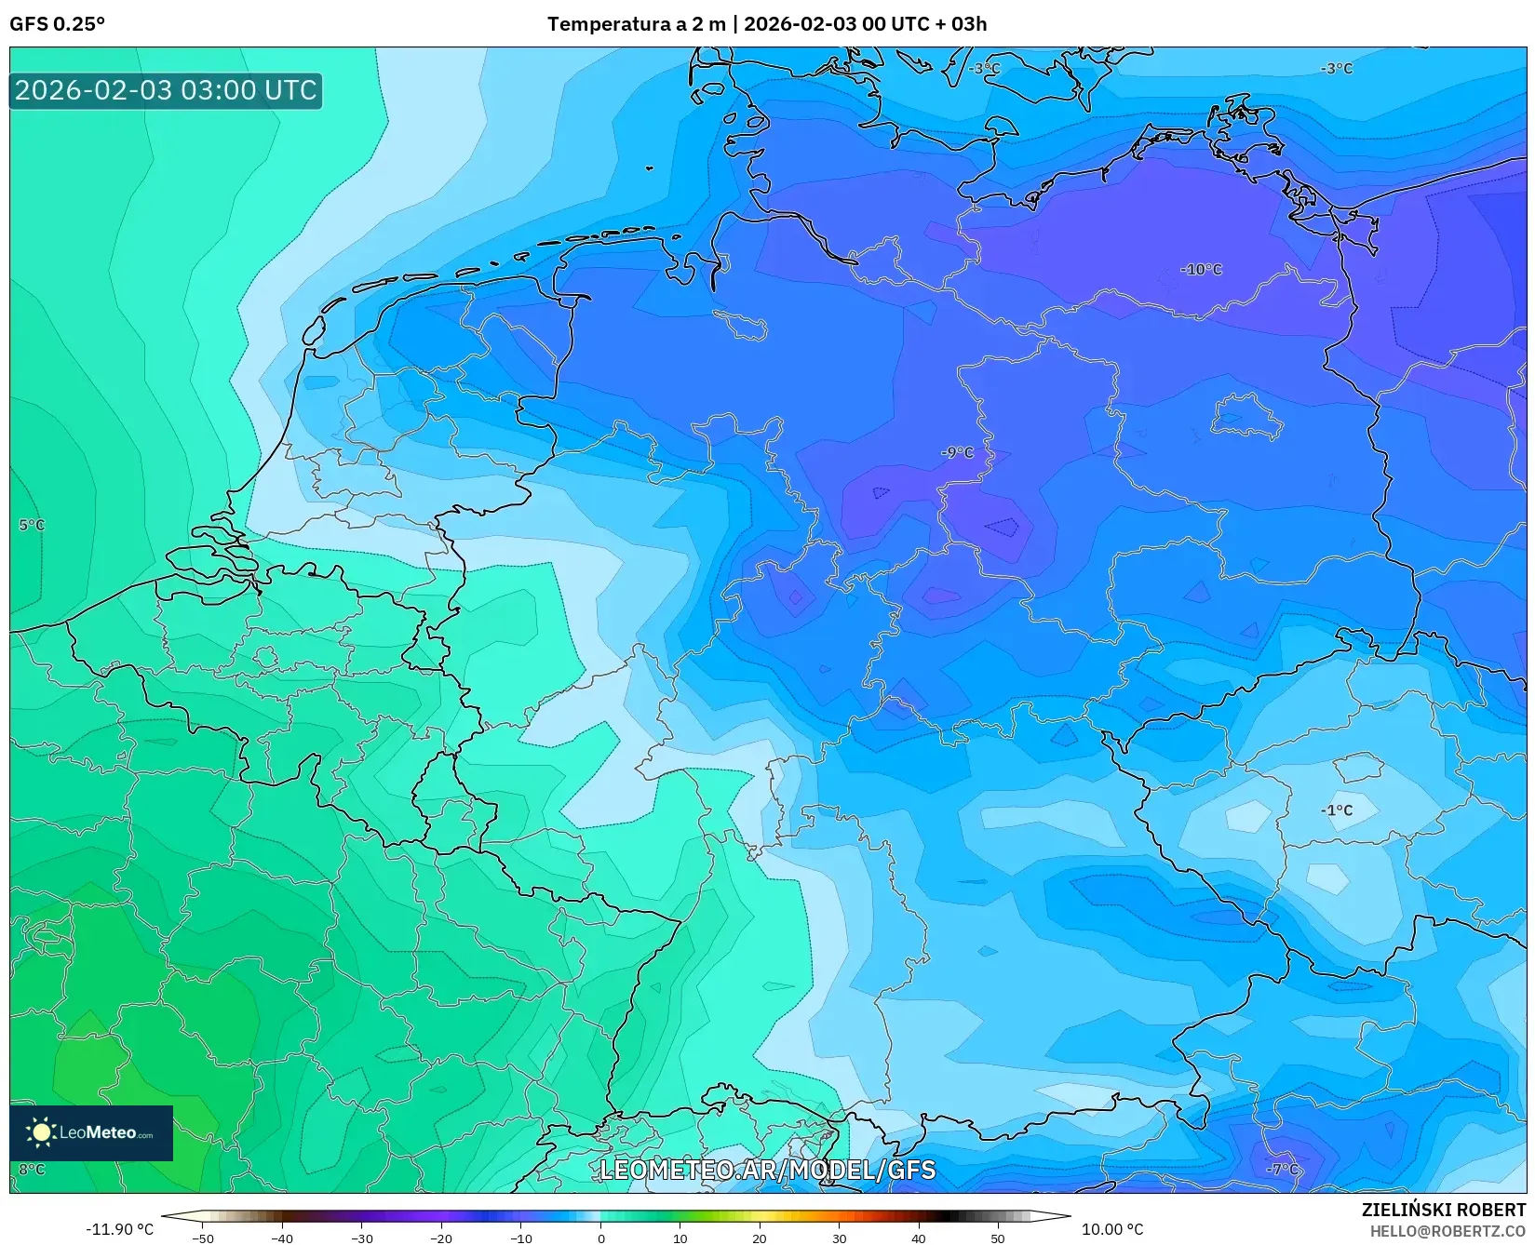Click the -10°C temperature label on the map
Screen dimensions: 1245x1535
(1201, 270)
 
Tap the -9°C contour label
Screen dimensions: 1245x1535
(957, 453)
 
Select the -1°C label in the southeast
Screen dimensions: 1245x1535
(1336, 810)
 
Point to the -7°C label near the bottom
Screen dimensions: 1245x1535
(1282, 1169)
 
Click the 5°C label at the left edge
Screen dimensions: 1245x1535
(32, 526)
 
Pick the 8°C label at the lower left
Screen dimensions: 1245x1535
(32, 1170)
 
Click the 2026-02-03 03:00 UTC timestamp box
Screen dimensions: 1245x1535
(166, 91)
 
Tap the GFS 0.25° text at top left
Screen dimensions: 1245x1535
(58, 24)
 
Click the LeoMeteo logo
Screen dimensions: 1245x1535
(91, 1132)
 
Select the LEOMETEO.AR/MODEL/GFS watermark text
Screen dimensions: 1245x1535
(767, 1170)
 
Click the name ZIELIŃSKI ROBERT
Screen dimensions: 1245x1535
(1444, 1211)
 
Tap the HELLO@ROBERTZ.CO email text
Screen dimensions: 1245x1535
(1447, 1231)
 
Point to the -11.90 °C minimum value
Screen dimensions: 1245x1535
(119, 1229)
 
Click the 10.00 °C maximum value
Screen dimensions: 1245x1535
(1112, 1229)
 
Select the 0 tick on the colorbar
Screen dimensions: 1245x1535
(600, 1238)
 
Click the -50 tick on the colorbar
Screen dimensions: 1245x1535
(203, 1238)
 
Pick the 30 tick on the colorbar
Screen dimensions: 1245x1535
(839, 1238)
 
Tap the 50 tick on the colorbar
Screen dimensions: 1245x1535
(998, 1238)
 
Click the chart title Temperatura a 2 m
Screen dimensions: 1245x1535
(637, 24)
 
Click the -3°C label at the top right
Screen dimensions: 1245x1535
(1336, 69)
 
